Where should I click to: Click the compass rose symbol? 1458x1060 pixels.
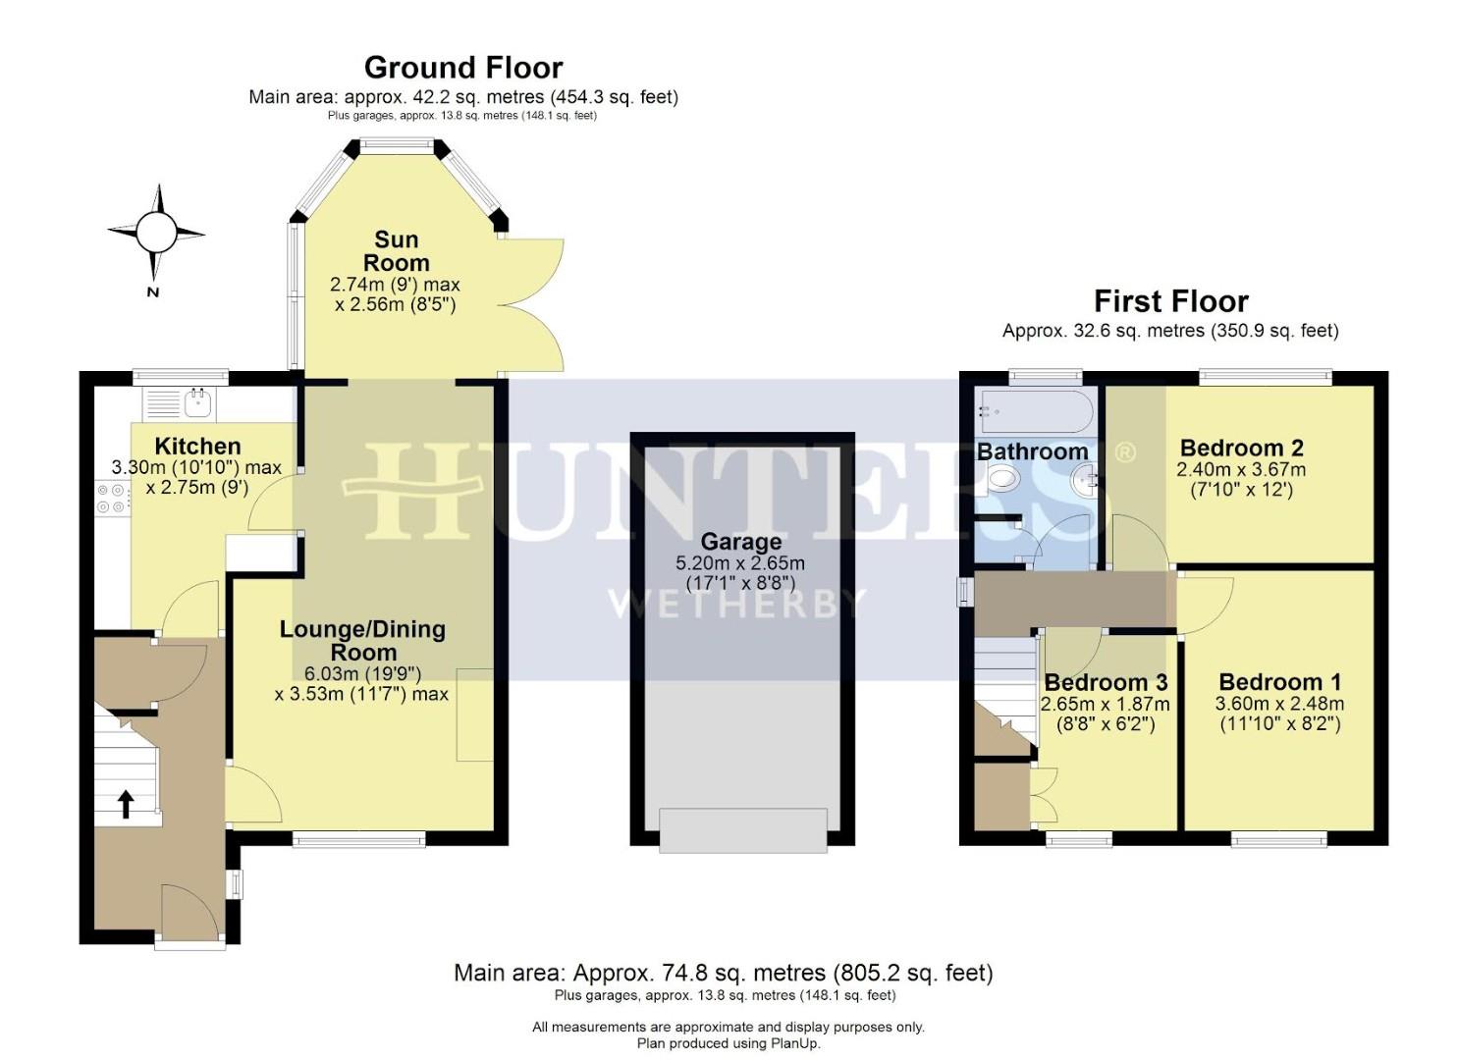pyautogui.click(x=155, y=233)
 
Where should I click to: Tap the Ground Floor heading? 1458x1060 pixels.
pyautogui.click(x=463, y=68)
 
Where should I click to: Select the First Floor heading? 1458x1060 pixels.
pyautogui.click(x=1170, y=301)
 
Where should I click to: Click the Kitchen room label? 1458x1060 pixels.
pyautogui.click(x=197, y=447)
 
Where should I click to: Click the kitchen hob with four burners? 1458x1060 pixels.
pyautogui.click(x=111, y=498)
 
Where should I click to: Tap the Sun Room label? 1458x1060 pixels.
pyautogui.click(x=396, y=251)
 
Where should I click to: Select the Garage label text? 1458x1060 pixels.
pyautogui.click(x=740, y=542)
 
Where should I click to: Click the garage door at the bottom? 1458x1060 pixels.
pyautogui.click(x=742, y=829)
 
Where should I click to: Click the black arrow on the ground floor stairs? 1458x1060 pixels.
pyautogui.click(x=126, y=805)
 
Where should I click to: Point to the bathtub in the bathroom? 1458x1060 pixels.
pyautogui.click(x=1035, y=411)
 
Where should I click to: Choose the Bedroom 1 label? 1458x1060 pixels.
pyautogui.click(x=1279, y=682)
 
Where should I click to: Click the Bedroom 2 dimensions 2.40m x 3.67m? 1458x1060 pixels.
pyautogui.click(x=1241, y=470)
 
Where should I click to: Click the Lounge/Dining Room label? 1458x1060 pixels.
pyautogui.click(x=362, y=641)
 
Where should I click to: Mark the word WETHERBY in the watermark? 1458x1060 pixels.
pyautogui.click(x=737, y=603)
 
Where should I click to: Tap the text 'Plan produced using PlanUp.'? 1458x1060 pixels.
pyautogui.click(x=728, y=1043)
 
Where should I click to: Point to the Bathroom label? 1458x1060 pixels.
pyautogui.click(x=1032, y=451)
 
